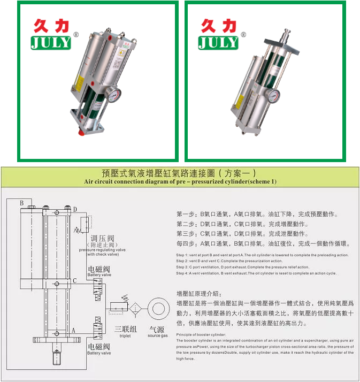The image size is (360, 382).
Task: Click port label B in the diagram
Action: (x=22, y=203)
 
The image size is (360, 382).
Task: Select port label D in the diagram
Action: (x=75, y=209)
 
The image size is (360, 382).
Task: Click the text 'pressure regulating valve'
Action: (x=102, y=249)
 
